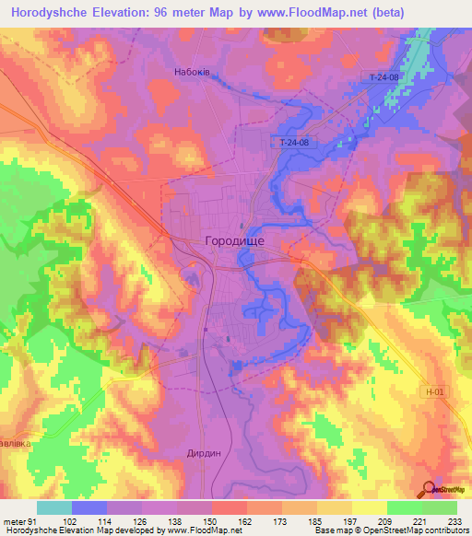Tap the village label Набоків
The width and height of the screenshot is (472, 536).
point(192,71)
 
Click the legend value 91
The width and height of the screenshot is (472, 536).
point(33,522)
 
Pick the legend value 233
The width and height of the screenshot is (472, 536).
point(455,522)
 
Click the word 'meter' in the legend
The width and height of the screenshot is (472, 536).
point(14,522)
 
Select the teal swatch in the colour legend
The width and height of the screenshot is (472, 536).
point(54,507)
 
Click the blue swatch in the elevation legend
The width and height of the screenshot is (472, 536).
point(89,507)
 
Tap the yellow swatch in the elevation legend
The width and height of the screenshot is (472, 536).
point(370,507)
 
